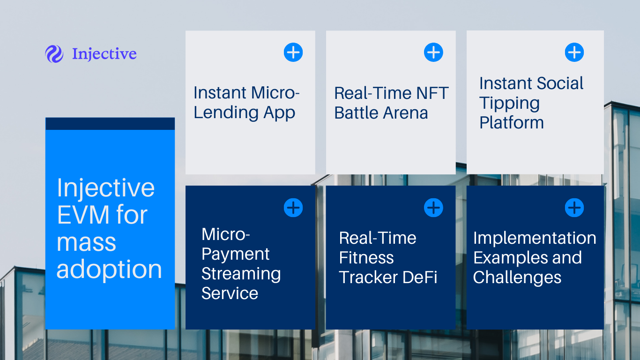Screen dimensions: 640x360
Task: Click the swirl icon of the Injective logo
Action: pyautogui.click(x=54, y=54)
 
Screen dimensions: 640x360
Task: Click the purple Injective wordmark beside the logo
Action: pyautogui.click(x=104, y=54)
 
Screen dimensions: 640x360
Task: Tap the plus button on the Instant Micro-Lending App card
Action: pyautogui.click(x=293, y=52)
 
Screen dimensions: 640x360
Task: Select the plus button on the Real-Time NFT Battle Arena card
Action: pyautogui.click(x=433, y=52)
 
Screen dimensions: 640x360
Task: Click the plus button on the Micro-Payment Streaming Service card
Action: pyautogui.click(x=293, y=208)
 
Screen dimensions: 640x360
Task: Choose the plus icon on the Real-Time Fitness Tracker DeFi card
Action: pyautogui.click(x=433, y=208)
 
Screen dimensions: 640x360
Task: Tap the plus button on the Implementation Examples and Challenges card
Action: pyautogui.click(x=574, y=208)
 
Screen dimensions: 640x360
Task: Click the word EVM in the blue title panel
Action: pyautogui.click(x=83, y=215)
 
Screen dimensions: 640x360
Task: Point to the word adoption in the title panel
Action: pyautogui.click(x=109, y=270)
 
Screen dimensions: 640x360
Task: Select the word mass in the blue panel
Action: pyautogui.click(x=86, y=243)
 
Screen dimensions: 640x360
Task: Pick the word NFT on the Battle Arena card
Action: pyautogui.click(x=432, y=93)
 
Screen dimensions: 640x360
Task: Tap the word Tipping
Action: pyautogui.click(x=509, y=104)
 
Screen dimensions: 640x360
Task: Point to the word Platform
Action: pyautogui.click(x=512, y=123)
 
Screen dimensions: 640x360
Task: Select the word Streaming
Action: pyautogui.click(x=241, y=274)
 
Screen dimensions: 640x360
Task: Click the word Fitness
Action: pyautogui.click(x=366, y=258)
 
